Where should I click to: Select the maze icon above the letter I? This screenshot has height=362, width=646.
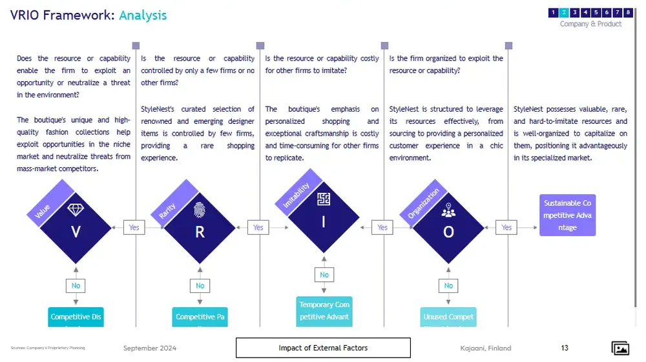coord(324,199)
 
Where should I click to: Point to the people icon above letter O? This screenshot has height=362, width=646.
coord(448,210)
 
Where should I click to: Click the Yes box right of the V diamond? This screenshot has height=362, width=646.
coord(134,227)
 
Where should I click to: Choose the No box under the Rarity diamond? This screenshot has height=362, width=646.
coord(200,286)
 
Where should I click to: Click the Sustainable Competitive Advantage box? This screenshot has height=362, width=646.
coord(567,215)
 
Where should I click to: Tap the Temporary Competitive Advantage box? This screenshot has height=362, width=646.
coord(324,310)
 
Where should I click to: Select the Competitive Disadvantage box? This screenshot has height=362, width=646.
coord(76,317)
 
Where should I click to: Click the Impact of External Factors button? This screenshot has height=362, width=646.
coord(323,348)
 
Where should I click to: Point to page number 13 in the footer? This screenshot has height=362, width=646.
coord(565,348)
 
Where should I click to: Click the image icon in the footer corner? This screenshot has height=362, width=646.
coord(620,348)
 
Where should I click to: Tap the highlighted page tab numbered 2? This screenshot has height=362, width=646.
coord(564,12)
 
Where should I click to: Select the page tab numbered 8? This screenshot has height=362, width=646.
coord(628,12)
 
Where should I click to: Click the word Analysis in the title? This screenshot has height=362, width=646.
coord(143,15)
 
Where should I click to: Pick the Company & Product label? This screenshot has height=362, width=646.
coord(590,24)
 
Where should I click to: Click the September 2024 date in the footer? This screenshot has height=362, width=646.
coord(150,348)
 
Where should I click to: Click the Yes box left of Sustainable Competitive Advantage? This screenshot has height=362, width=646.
coord(506,227)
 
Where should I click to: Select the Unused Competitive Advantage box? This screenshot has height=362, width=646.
coord(448,317)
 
